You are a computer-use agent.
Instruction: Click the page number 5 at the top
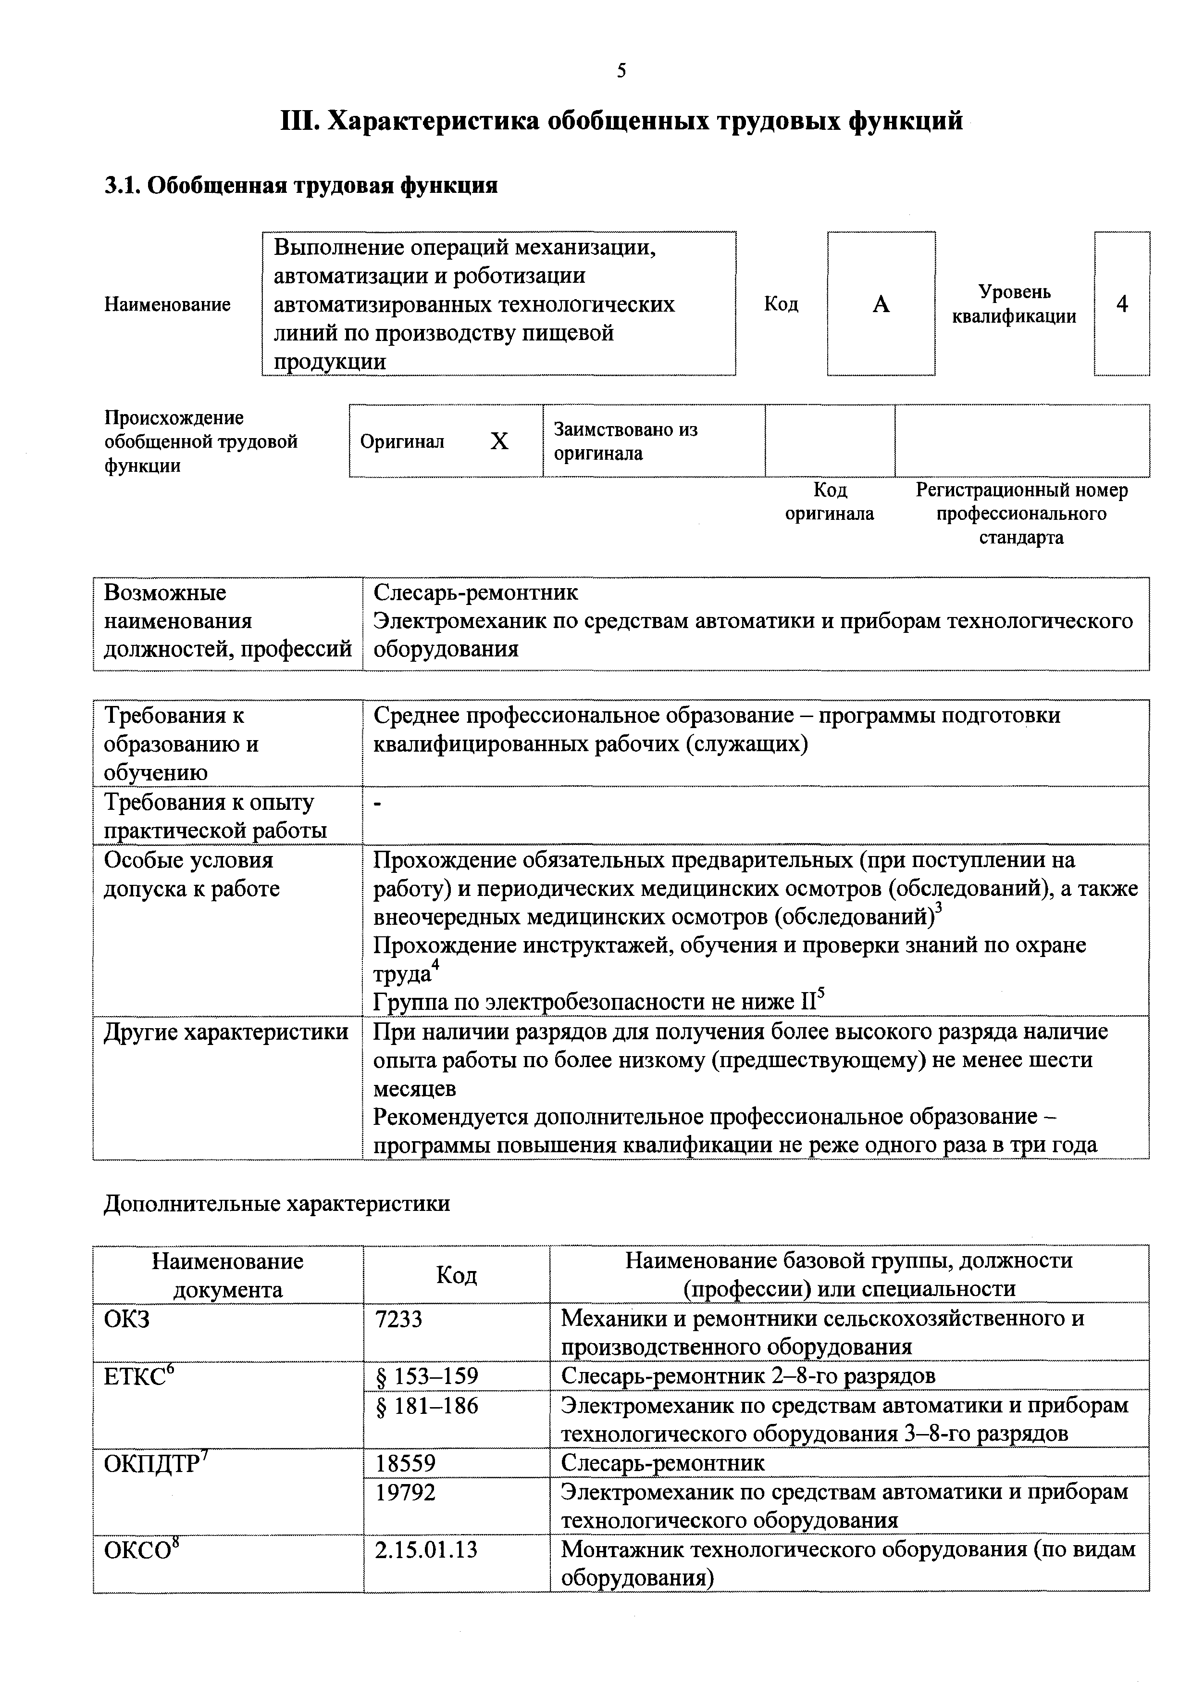coord(621,71)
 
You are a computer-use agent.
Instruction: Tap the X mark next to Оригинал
coord(499,441)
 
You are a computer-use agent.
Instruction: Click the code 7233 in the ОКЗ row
coord(399,1320)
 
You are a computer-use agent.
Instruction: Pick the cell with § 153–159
coord(427,1376)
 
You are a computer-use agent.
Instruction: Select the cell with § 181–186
coord(427,1406)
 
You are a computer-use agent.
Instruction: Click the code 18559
coord(405,1464)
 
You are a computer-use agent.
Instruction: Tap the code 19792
coord(405,1492)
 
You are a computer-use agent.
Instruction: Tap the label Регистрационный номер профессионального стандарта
coord(1021,514)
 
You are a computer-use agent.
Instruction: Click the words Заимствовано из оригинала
coord(625,441)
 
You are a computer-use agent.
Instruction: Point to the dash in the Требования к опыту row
coord(378,805)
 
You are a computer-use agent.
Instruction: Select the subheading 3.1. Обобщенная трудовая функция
coord(301,185)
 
